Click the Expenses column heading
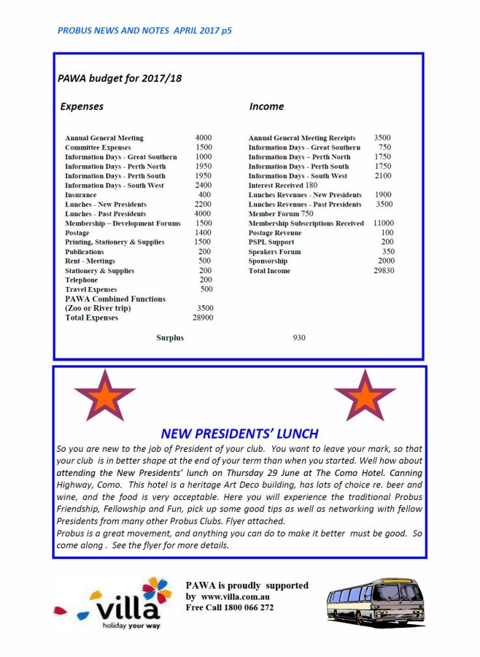coord(82,107)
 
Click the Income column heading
coord(266,107)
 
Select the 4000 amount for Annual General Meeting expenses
coord(204,138)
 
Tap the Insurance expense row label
coord(80,195)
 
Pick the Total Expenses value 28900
coord(203,318)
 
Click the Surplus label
coord(170,338)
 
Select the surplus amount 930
coord(299,338)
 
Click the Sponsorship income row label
coord(268,261)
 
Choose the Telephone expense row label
coord(81,280)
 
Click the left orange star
coord(105,395)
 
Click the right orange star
coord(365,395)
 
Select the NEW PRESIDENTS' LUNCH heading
coord(239,433)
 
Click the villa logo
coord(117,604)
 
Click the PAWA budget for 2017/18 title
coord(120,77)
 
